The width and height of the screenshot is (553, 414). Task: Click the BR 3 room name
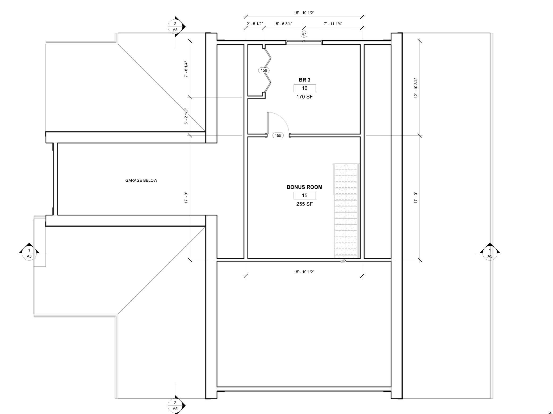pyautogui.click(x=304, y=80)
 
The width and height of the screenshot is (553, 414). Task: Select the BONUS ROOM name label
pyautogui.click(x=304, y=187)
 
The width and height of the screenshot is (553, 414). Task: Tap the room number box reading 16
pyautogui.click(x=304, y=88)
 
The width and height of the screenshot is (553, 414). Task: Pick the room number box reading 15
pyautogui.click(x=304, y=195)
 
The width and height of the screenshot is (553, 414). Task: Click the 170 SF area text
pyautogui.click(x=304, y=97)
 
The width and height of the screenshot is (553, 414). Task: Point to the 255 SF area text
pyautogui.click(x=304, y=204)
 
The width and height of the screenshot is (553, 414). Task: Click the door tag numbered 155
pyautogui.click(x=278, y=135)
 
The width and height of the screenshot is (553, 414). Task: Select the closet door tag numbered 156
pyautogui.click(x=264, y=70)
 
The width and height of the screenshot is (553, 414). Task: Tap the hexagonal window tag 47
pyautogui.click(x=304, y=34)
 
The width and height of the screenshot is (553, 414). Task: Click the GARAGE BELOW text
pyautogui.click(x=141, y=180)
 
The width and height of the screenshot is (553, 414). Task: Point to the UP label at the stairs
pyautogui.click(x=343, y=261)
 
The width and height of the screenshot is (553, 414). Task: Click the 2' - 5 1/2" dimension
pyautogui.click(x=255, y=24)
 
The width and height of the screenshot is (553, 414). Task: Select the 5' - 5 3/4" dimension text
pyautogui.click(x=284, y=24)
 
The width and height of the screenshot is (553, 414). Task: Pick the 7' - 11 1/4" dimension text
pyautogui.click(x=333, y=24)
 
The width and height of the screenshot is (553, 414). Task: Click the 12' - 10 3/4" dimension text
pyautogui.click(x=416, y=88)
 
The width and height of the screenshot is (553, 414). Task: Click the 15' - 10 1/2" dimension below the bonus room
pyautogui.click(x=304, y=272)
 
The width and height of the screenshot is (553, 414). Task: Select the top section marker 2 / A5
pyautogui.click(x=175, y=27)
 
